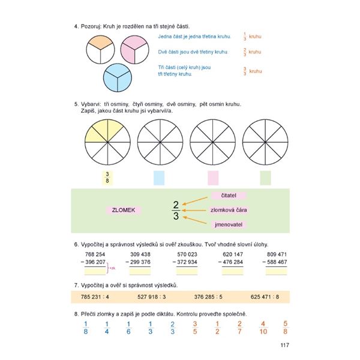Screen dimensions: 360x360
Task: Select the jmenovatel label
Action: pos(230,224)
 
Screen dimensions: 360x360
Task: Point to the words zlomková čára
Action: pos(229,210)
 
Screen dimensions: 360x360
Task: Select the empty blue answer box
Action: pos(159,178)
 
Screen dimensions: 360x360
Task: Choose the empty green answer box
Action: pos(265,178)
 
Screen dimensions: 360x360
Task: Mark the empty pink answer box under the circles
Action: pos(212,178)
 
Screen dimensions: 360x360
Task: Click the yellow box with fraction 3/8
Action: pos(107,178)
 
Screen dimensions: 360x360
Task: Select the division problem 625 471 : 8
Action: pos(268,296)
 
